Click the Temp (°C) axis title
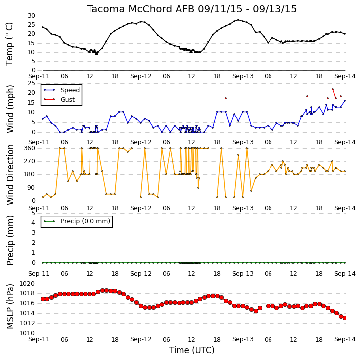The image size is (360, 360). tap(9, 44)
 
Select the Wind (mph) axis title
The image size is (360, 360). tap(10, 109)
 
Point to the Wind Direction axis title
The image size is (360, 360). tap(10, 174)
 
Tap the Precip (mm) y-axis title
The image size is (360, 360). tap(10, 240)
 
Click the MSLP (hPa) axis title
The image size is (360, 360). tap(10, 306)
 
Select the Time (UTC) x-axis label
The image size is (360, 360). tap(192, 350)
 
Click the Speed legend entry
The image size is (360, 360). tap(70, 90)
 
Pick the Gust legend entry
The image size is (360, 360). tap(68, 100)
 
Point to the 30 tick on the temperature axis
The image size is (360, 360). tap(31, 16)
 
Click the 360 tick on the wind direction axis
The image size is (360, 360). tap(30, 148)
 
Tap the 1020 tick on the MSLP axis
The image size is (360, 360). tap(27, 284)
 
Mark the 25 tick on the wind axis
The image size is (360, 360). tap(31, 83)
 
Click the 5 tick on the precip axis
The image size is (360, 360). tap(33, 213)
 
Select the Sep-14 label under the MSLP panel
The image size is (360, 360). tap(345, 339)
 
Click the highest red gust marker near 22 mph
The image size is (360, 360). tap(333, 89)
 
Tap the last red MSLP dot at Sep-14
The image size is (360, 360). tap(345, 318)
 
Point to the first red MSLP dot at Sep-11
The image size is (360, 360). tap(43, 299)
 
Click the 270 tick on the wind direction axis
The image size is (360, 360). tap(30, 161)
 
